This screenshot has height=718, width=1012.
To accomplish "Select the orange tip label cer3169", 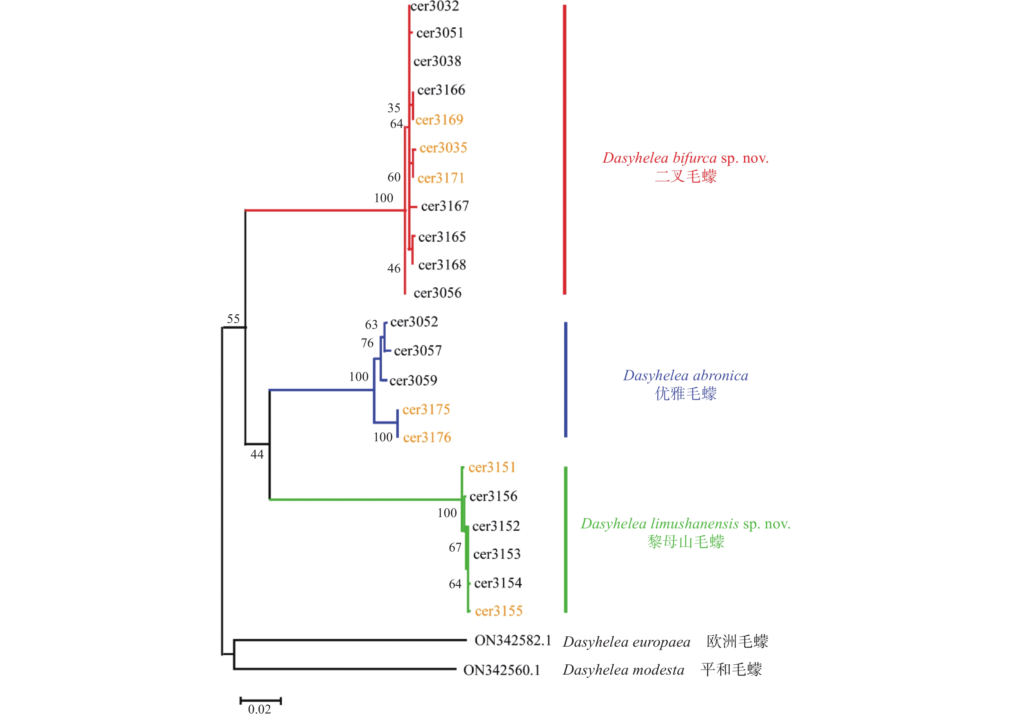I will pos(439,120).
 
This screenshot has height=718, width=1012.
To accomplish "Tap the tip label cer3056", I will pos(438,293).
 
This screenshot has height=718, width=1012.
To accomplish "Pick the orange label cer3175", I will pos(426,409).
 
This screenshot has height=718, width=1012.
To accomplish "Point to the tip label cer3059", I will pos(413,380).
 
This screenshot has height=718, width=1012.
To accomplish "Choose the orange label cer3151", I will pos(492,467).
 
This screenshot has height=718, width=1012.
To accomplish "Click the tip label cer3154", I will pos(498,583).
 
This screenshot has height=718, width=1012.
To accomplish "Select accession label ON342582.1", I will pos(513,641).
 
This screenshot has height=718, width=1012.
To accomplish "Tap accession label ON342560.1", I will pos(502,670).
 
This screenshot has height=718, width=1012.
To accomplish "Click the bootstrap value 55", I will pos(233,319).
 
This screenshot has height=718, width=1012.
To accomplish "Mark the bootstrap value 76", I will pos(367,343).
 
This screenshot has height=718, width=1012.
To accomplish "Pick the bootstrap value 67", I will pos(455,547).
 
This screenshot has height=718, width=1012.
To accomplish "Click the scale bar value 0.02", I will pos(259,709).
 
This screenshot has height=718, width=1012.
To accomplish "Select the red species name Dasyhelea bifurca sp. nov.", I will pos(685,158).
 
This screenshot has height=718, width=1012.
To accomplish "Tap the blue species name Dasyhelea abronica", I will pos(685,375).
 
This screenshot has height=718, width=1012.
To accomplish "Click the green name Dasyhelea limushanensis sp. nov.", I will pos(685,524).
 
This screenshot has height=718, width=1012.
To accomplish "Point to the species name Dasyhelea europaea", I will pos(626,642).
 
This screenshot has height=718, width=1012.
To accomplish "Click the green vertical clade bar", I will pos(566,539).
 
